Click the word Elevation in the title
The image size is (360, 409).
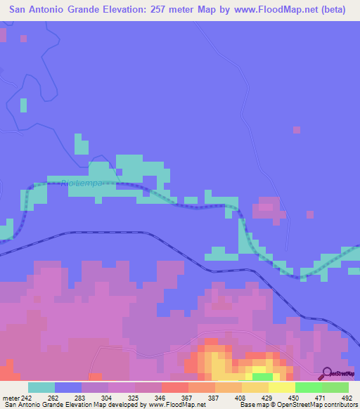[x=129, y=11]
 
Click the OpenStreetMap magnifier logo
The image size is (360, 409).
[x=328, y=374]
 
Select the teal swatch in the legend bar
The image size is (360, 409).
[x=41, y=387]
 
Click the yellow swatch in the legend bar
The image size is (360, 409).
[x=282, y=387]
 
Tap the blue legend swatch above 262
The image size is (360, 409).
[x=68, y=387]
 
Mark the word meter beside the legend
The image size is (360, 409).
[x=11, y=398]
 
